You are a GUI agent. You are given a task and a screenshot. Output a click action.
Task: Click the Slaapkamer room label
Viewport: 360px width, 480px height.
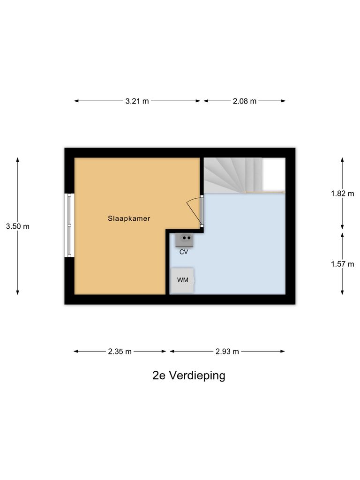tap(129, 218)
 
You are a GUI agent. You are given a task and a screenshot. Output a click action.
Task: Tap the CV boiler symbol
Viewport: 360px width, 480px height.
tap(184, 240)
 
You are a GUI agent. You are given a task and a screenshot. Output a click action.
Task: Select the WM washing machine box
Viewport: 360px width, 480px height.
tap(182, 280)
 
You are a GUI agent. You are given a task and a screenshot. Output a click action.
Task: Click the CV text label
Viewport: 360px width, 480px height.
tap(184, 252)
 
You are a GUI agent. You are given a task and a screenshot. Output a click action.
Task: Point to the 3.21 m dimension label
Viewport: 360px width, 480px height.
tap(137, 101)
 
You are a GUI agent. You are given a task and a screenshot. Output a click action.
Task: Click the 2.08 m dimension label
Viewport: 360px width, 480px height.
tap(245, 101)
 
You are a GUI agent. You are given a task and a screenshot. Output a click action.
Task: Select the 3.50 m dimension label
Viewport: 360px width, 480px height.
tap(17, 226)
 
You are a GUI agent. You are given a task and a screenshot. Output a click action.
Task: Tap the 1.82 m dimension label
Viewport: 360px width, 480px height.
tap(342, 193)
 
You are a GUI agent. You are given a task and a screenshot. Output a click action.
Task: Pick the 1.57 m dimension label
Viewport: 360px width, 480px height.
tap(342, 264)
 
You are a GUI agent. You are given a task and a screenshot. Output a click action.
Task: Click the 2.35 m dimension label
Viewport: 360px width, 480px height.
tap(120, 352)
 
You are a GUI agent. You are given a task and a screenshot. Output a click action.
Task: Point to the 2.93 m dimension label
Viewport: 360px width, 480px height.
tap(227, 352)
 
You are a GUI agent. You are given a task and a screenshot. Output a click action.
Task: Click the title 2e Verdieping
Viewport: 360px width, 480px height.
tap(189, 375)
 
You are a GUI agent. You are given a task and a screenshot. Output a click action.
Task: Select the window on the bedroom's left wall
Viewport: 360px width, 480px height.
tap(69, 225)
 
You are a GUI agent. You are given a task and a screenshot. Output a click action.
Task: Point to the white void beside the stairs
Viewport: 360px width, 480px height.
tap(274, 174)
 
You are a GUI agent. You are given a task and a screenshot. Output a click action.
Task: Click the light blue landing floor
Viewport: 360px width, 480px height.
tap(244, 248)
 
